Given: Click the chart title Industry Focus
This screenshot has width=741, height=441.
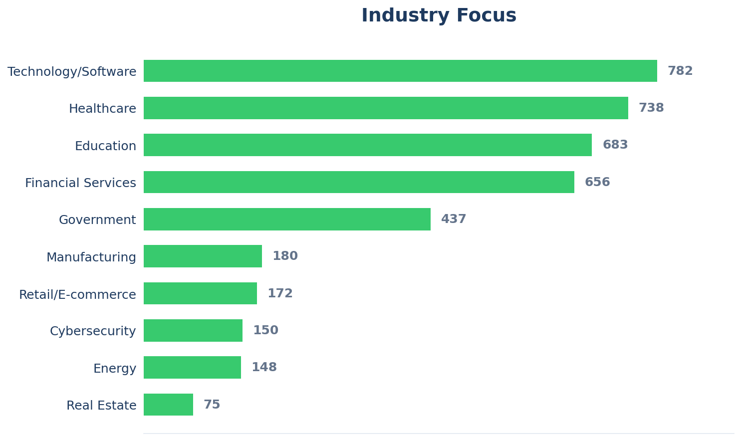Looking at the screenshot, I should (x=439, y=16).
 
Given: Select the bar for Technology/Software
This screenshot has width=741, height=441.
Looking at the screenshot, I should (x=400, y=71).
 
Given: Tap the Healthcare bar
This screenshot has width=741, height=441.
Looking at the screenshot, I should (x=386, y=108).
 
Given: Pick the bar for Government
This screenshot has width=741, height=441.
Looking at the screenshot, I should (x=287, y=219).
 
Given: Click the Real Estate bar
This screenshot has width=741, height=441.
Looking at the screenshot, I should (x=168, y=405).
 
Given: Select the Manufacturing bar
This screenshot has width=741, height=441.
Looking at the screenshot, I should (x=203, y=256).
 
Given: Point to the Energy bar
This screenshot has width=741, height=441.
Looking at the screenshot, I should (x=192, y=367).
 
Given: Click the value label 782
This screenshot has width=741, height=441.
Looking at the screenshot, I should (x=680, y=71).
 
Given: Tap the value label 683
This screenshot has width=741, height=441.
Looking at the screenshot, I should (x=615, y=145).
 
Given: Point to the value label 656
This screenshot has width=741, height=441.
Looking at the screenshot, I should (x=597, y=182).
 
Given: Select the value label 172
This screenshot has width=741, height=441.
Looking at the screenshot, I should (x=280, y=293).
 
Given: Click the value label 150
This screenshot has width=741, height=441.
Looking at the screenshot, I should (x=265, y=330).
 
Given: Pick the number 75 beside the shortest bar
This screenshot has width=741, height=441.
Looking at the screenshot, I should (x=212, y=405).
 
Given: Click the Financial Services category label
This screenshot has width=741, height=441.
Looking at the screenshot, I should (x=80, y=183).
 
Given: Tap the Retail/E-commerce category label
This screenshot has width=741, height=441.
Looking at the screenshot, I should (x=77, y=294).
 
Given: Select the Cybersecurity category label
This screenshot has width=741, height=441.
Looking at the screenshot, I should (x=93, y=331).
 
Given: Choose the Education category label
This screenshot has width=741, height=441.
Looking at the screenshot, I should (x=105, y=146).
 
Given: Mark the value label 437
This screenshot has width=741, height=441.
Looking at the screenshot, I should (x=453, y=219).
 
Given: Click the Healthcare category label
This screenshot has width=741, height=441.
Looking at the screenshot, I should (x=102, y=109).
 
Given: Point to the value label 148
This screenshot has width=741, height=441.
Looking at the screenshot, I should (x=264, y=367).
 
